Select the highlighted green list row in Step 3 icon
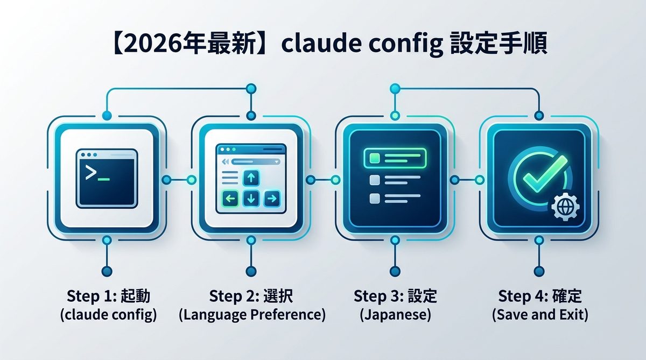(x=395, y=158)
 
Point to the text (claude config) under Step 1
(x=108, y=315)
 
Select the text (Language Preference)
(x=252, y=315)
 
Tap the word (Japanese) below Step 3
(x=395, y=315)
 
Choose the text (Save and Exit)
(x=540, y=315)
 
